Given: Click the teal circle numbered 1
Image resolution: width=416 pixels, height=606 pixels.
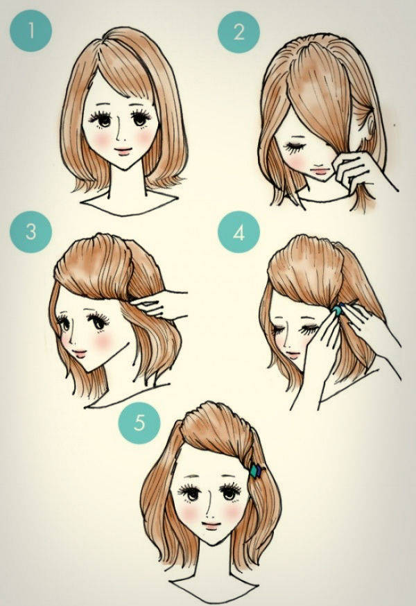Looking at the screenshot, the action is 31,31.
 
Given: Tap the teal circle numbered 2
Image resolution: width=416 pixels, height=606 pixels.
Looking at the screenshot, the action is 239,32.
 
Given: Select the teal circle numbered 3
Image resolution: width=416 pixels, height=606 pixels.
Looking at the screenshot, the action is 31,232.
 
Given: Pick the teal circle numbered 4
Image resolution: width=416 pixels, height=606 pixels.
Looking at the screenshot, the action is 239,232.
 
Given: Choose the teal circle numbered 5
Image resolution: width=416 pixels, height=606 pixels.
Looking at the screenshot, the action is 139,422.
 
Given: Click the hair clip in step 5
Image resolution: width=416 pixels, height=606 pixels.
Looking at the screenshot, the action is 256,471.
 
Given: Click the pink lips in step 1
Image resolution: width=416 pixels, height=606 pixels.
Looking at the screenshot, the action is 123,150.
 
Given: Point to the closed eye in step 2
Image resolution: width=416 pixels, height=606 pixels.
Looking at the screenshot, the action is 295,147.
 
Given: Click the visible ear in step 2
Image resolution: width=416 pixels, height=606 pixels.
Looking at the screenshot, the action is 370,128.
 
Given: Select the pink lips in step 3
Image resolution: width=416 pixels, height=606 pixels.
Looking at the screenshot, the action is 80,354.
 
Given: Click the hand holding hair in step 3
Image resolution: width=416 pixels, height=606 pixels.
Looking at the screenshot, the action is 162,304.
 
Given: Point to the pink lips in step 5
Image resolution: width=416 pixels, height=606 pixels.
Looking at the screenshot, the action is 211,526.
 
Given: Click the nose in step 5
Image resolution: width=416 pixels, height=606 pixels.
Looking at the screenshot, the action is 208,505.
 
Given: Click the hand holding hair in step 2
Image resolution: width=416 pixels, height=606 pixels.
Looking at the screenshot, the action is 360,174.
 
